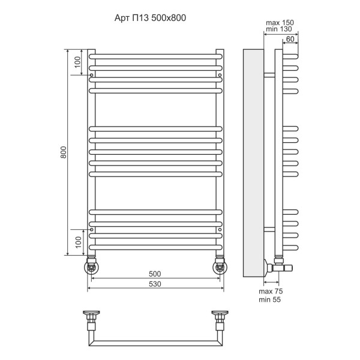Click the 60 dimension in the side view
290,39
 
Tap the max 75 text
271,291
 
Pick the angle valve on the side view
277,264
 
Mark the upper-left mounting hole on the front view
91,75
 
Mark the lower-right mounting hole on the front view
220,229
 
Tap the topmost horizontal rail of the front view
155,56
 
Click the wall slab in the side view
252,162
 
